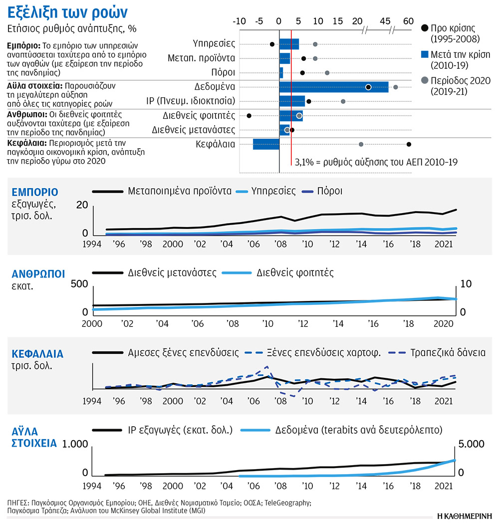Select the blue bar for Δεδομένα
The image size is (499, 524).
tap(333, 87)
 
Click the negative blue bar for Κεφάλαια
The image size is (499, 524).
tap(266, 144)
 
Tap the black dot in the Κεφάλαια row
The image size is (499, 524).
tap(409, 144)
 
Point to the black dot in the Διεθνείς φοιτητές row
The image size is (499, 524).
tap(249, 116)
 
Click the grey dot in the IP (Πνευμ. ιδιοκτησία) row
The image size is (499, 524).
tap(343, 101)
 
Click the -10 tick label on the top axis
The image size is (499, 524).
tap(240, 21)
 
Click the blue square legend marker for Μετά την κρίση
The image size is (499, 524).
tap(424, 54)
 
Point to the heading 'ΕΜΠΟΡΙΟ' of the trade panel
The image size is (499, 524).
tap(35, 192)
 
